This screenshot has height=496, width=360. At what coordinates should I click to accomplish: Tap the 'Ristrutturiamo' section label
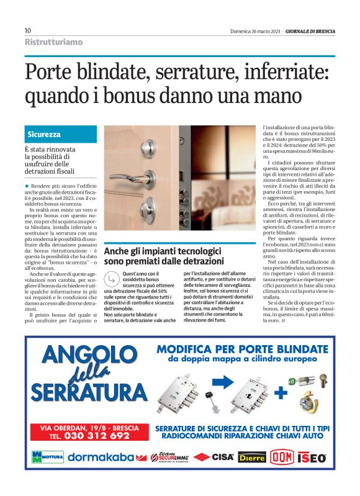click(x=53, y=42)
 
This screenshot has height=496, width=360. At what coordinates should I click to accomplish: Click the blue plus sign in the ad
click(x=280, y=392)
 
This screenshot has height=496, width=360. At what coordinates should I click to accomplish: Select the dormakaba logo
click(x=101, y=458)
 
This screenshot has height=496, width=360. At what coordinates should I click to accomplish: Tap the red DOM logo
click(x=281, y=458)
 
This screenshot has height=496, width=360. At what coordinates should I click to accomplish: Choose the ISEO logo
click(x=312, y=458)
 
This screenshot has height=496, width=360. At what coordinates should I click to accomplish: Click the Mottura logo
click(x=48, y=458)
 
